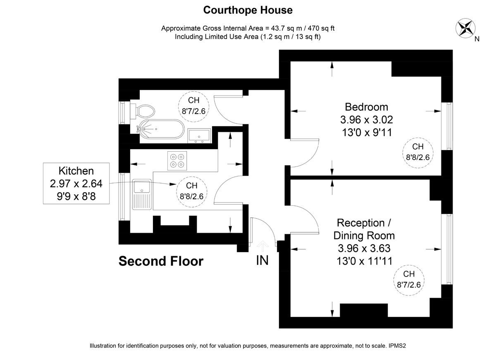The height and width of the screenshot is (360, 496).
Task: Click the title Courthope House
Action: coord(248,10)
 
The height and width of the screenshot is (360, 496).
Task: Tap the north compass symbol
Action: coord(465,28)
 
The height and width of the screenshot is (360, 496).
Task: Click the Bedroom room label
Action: coord(367,107)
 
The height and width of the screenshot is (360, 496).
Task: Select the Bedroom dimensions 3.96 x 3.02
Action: coord(367,120)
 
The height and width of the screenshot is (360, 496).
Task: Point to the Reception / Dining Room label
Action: coord(364,229)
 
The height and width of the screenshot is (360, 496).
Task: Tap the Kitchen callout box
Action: coord(76,183)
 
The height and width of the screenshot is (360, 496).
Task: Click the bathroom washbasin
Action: coord(200,135)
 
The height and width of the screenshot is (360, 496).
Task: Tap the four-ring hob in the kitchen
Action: coord(177,160)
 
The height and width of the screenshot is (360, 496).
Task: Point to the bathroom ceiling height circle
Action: coord(194,105)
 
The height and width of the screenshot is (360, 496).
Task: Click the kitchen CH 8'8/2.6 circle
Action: coord(191,191)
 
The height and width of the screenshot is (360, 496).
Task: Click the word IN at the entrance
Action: coord(262,261)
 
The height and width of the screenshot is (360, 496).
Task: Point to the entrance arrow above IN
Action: coord(262,246)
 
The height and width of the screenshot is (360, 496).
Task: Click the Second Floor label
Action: coord(161,261)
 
